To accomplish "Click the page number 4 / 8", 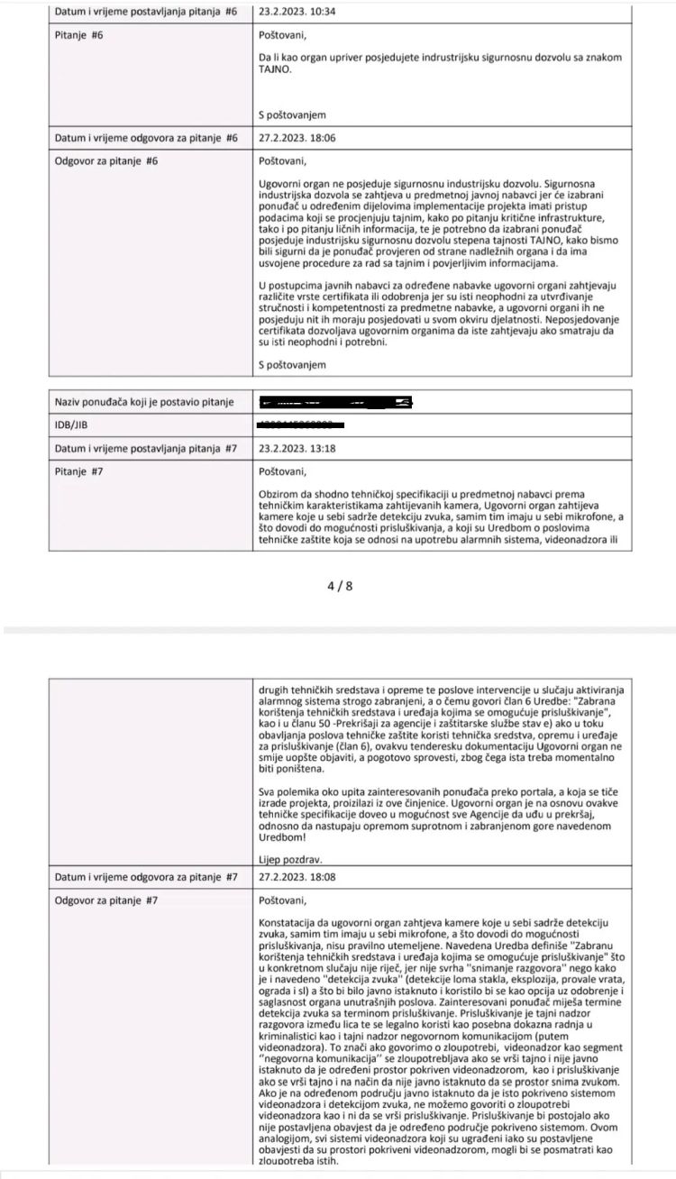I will [x=339, y=586].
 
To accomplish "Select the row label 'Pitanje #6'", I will [x=79, y=35].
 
